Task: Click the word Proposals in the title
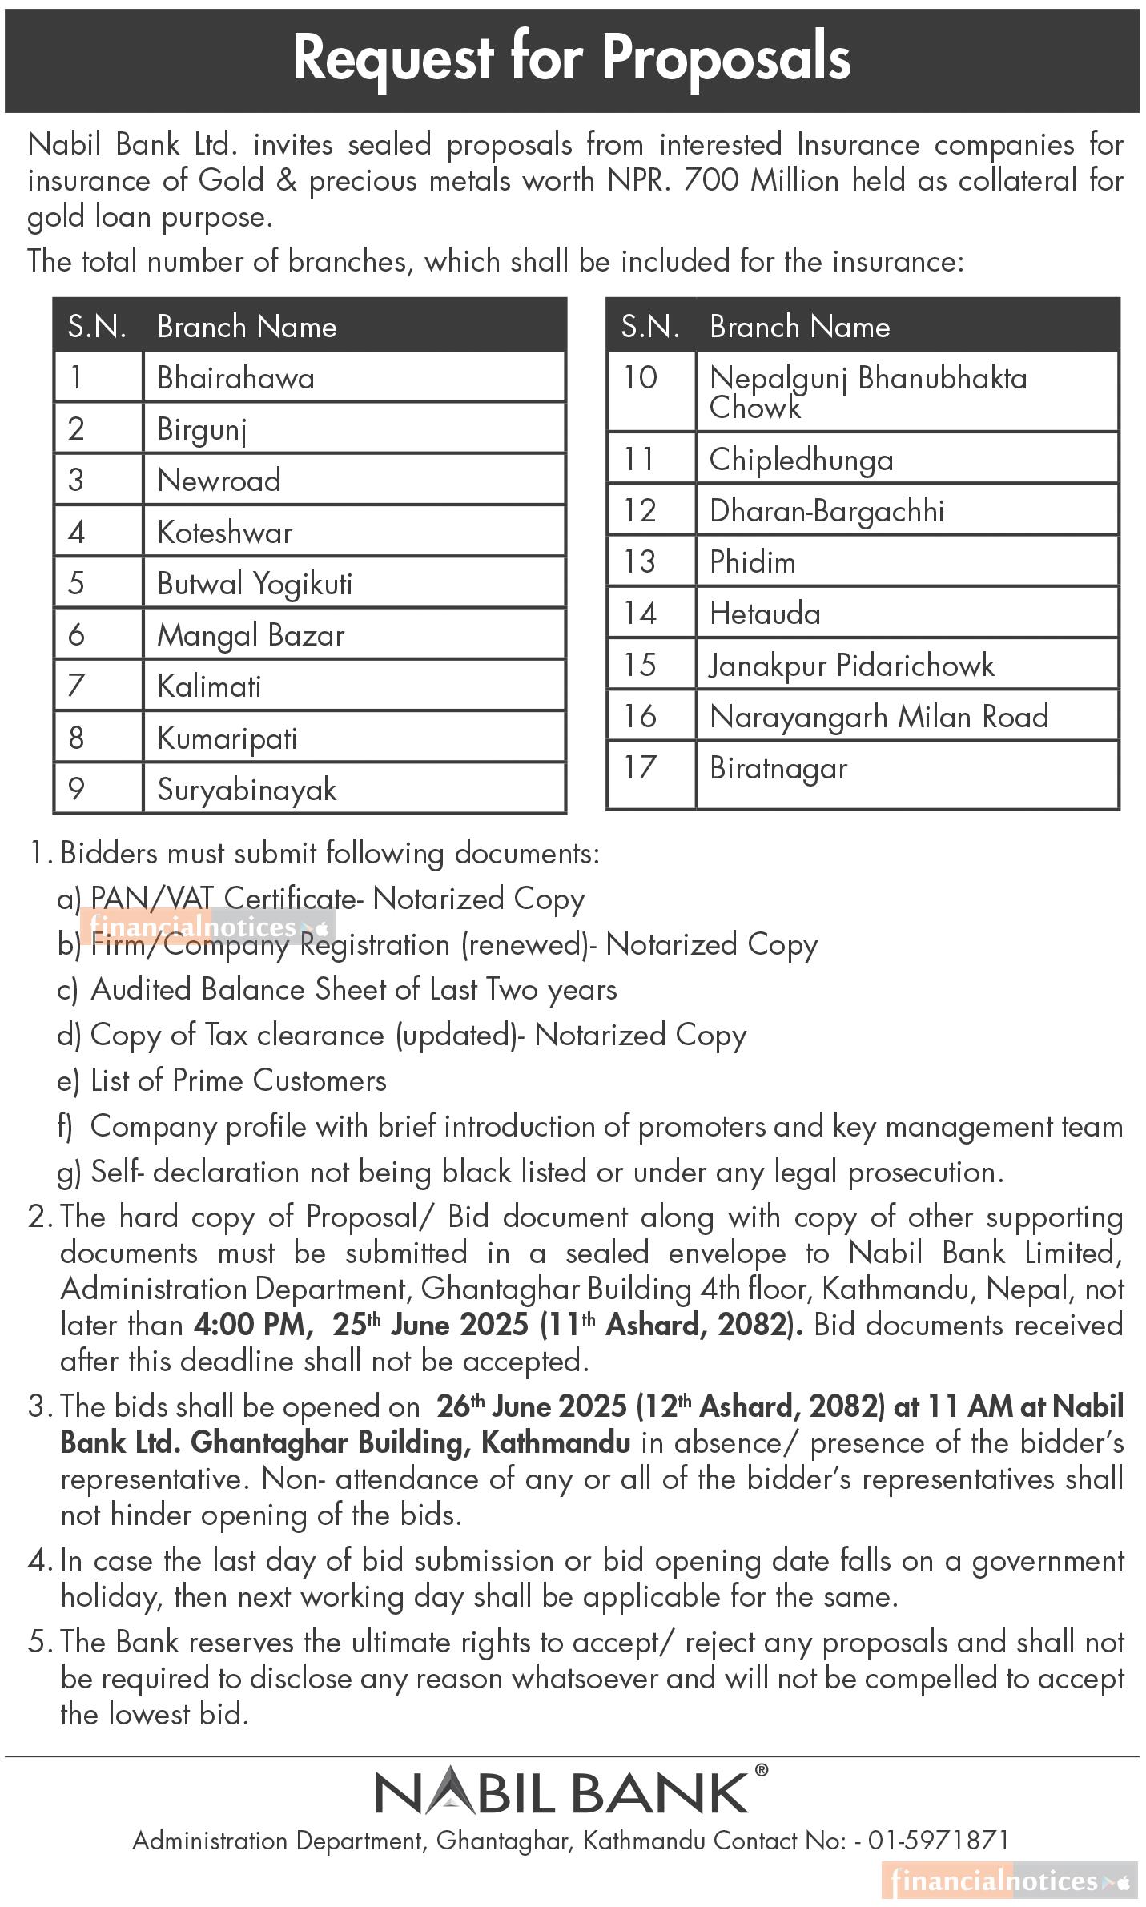726,59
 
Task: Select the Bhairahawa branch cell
235,378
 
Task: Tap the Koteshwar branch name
224,533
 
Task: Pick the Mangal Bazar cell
251,635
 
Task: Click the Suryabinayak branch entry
247,790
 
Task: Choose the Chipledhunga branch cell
801,460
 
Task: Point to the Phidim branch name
752,562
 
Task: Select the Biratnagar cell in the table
778,768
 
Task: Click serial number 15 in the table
640,665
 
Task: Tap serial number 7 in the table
76,686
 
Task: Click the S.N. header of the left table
97,327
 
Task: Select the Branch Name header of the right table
799,327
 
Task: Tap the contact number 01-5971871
938,1841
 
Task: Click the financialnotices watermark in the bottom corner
1008,1881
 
